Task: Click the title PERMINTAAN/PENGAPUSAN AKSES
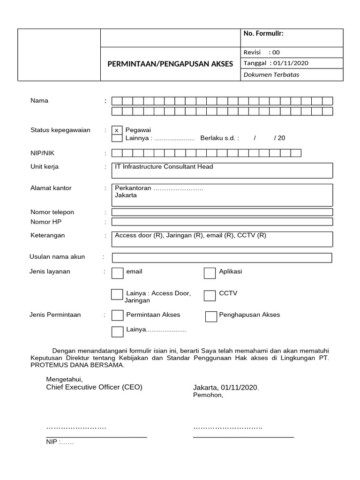170,63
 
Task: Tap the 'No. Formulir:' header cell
292,37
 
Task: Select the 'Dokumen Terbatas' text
271,75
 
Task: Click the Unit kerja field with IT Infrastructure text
222,171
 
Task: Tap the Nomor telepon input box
222,212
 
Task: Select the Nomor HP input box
222,222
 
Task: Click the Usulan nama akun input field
222,258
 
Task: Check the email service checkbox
118,273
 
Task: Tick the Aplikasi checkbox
210,273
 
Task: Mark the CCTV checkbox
210,295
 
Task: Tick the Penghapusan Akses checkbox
211,317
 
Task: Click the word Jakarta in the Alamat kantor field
126,195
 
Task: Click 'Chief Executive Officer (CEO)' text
94,387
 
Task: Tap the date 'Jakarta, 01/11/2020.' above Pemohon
226,388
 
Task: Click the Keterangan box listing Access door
222,239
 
